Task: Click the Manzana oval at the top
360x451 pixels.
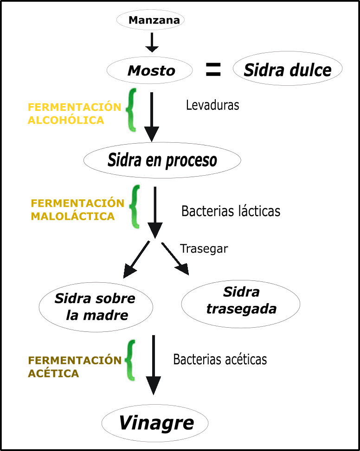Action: click(x=150, y=20)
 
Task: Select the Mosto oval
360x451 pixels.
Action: click(x=150, y=70)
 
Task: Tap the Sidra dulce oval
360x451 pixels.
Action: click(x=287, y=70)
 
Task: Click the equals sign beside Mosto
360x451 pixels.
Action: click(x=213, y=70)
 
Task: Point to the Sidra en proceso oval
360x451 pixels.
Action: click(x=162, y=160)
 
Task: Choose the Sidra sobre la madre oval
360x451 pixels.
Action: click(x=96, y=307)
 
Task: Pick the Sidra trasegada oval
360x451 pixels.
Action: click(x=241, y=301)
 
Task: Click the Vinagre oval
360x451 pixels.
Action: click(x=155, y=423)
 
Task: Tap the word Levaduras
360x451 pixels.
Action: click(x=212, y=105)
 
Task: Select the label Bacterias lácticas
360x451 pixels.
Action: click(x=231, y=211)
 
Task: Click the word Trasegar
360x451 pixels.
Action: click(x=204, y=248)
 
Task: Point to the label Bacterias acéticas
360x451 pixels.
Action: click(x=220, y=359)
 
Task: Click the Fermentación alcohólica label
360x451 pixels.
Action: click(x=74, y=114)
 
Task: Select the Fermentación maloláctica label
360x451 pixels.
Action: click(x=77, y=210)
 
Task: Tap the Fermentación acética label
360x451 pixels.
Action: click(x=74, y=367)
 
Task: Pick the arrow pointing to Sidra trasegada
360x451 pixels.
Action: click(x=175, y=259)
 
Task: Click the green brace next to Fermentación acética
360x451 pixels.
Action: click(x=131, y=360)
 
